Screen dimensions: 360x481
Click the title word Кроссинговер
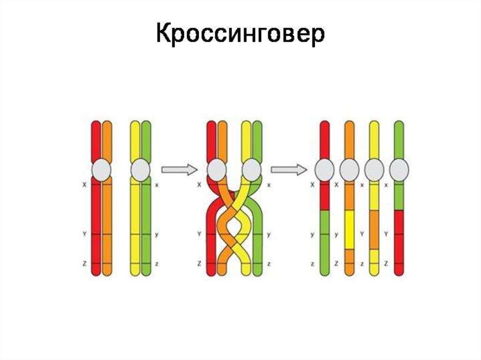pos(240,35)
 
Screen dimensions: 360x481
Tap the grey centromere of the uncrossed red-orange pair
pos(101,169)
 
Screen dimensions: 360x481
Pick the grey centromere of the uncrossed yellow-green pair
pos(140,169)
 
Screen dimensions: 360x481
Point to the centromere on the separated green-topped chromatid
pos(399,169)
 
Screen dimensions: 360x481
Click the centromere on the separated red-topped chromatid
pos(325,169)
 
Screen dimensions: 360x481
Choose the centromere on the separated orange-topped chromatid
pos(349,169)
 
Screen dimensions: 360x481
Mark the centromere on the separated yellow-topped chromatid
pos(374,169)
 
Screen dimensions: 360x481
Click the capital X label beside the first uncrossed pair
pos(85,185)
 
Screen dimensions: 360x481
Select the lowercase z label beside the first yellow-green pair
pos(156,265)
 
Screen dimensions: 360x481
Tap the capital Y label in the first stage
pos(85,233)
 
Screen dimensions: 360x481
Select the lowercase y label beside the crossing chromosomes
pos(269,233)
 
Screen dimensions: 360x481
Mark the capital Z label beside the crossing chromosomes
pos(200,265)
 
